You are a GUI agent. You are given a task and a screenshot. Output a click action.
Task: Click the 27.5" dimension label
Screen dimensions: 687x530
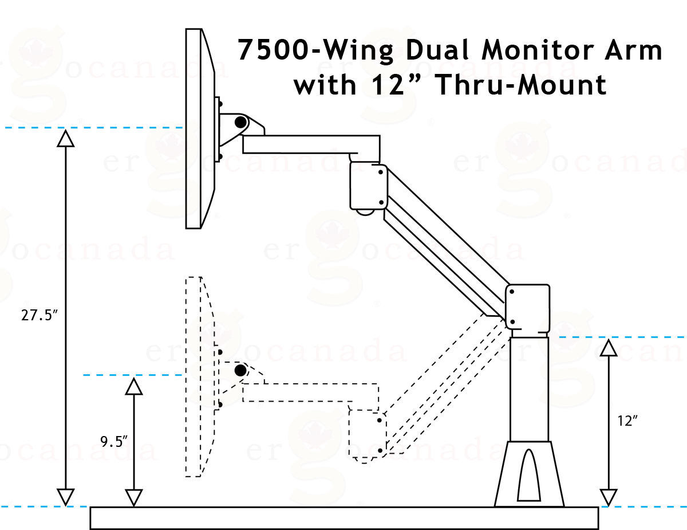pyautogui.click(x=39, y=316)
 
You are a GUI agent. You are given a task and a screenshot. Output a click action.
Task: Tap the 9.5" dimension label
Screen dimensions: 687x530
pyautogui.click(x=113, y=441)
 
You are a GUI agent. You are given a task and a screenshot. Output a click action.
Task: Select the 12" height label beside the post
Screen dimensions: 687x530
pyautogui.click(x=627, y=421)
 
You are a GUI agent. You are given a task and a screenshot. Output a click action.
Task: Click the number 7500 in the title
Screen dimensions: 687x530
pyautogui.click(x=273, y=50)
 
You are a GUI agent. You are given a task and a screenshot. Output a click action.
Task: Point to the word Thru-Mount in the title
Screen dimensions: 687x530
pyautogui.click(x=522, y=84)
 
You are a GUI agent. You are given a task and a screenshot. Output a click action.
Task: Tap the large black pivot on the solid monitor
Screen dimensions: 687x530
pyautogui.click(x=240, y=122)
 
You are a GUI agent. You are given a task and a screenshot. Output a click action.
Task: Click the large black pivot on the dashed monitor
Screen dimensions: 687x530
pyautogui.click(x=240, y=371)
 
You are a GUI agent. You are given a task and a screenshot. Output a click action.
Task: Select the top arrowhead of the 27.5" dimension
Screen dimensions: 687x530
pyautogui.click(x=66, y=139)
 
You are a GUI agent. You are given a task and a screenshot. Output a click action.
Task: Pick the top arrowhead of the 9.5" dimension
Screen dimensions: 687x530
pyautogui.click(x=134, y=387)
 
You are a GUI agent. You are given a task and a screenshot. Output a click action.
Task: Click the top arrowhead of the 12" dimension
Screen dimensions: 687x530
pyautogui.click(x=609, y=348)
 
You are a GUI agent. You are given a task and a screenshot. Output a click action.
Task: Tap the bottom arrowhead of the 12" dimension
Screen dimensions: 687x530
pyautogui.click(x=609, y=498)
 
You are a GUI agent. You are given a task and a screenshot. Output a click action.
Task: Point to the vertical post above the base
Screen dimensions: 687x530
pyautogui.click(x=529, y=390)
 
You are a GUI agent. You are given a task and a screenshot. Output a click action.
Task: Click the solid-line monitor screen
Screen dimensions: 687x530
pyautogui.click(x=200, y=128)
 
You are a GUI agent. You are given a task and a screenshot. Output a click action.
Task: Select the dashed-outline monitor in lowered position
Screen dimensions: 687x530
pyautogui.click(x=200, y=376)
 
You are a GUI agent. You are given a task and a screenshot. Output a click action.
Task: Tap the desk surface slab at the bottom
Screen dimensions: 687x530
pyautogui.click(x=344, y=518)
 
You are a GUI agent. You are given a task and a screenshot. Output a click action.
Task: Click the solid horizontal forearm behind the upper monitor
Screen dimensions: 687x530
pyautogui.click(x=311, y=144)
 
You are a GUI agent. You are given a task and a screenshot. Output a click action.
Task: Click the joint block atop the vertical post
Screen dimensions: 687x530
pyautogui.click(x=527, y=307)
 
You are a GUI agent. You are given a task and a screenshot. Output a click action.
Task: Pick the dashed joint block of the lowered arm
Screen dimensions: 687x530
pyautogui.click(x=368, y=434)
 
